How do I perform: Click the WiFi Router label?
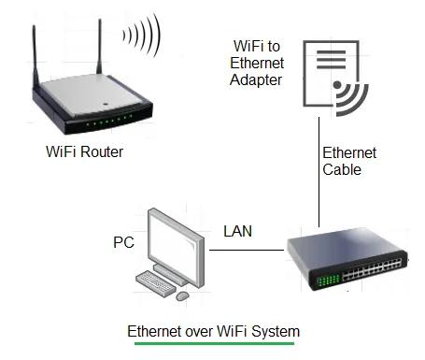tap(84, 151)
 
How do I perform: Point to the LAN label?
tap(237, 230)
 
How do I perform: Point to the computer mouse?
tap(182, 295)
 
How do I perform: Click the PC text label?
tap(123, 243)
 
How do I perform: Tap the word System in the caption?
tap(277, 331)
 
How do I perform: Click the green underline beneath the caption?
tap(213, 344)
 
